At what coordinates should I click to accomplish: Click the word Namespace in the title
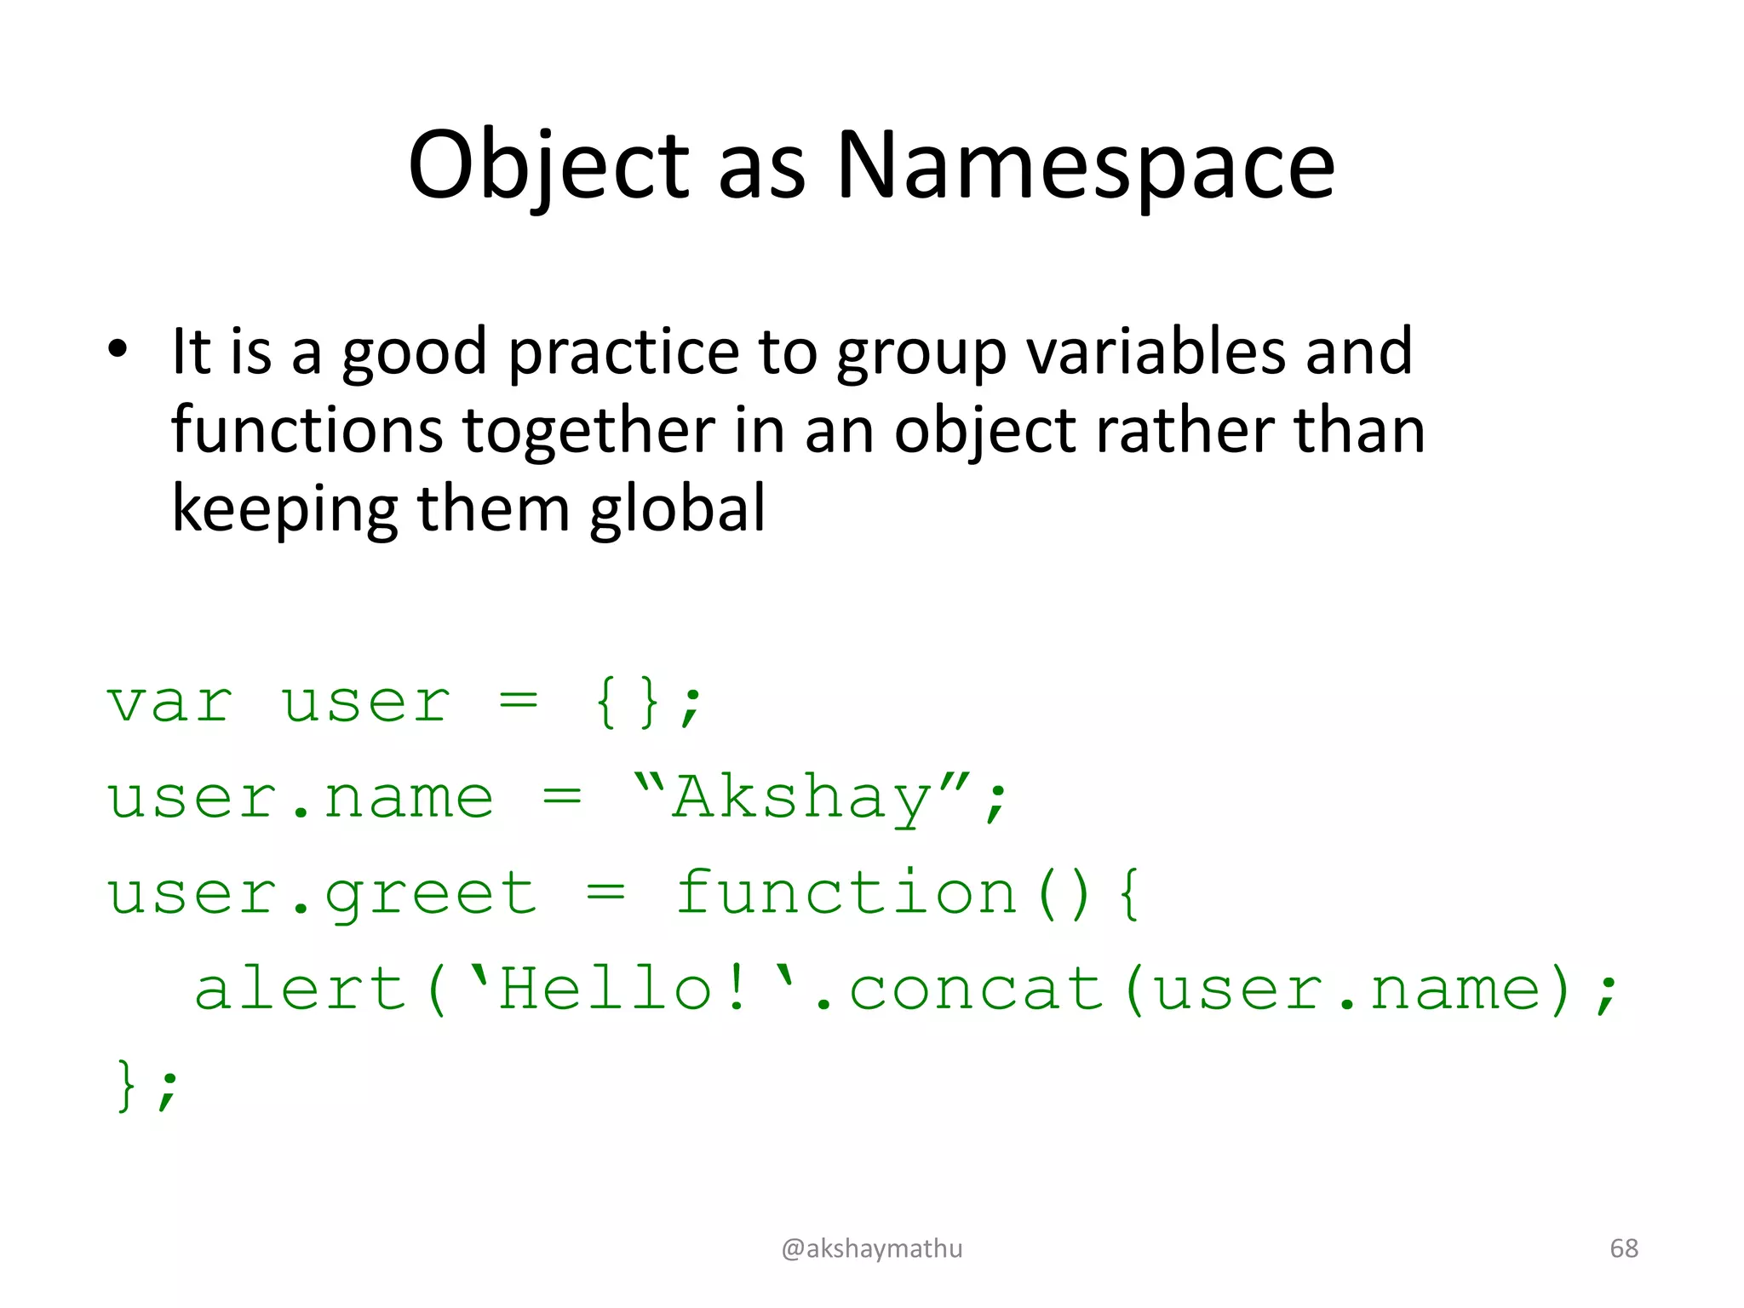click(1085, 166)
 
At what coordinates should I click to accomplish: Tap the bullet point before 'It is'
click(118, 349)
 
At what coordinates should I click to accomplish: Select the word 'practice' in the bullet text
click(623, 352)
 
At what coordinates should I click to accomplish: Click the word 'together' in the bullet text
click(588, 430)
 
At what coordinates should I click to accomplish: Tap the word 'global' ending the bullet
click(677, 508)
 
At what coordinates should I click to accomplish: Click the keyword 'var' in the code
click(169, 703)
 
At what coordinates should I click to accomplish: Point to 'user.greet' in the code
click(322, 894)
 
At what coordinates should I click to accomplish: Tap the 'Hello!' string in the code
click(608, 990)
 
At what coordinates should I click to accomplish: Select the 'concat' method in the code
click(976, 990)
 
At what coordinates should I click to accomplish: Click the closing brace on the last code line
click(126, 1085)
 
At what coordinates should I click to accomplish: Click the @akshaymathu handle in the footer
click(872, 1248)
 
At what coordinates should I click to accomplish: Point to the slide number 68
click(1624, 1248)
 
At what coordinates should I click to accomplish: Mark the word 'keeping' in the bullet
click(284, 509)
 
